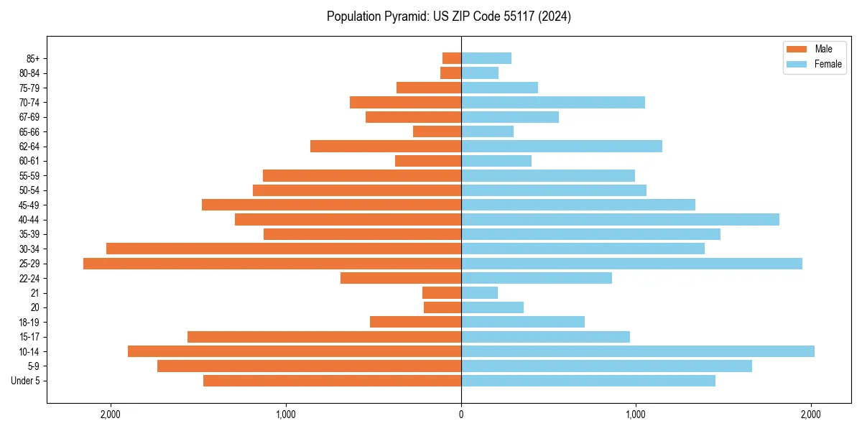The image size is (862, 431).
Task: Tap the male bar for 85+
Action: click(x=452, y=58)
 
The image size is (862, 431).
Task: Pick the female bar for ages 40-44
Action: click(x=620, y=219)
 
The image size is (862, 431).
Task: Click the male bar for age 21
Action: click(x=442, y=293)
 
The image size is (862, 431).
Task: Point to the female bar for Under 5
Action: click(x=588, y=381)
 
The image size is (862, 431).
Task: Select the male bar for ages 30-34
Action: click(x=283, y=249)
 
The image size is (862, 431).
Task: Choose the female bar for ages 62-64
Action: click(x=561, y=147)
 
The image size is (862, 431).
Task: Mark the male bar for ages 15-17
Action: click(x=324, y=337)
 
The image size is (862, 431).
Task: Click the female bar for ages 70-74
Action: click(x=552, y=103)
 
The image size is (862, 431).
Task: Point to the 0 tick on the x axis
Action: click(x=461, y=414)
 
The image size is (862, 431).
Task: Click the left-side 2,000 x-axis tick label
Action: click(x=111, y=414)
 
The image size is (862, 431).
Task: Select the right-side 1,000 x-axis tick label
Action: click(x=636, y=414)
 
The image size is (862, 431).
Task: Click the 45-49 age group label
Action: click(x=29, y=205)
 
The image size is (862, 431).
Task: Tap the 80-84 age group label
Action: click(x=29, y=73)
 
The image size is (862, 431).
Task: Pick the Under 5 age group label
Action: click(x=26, y=381)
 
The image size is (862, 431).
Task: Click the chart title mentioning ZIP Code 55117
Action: click(x=448, y=17)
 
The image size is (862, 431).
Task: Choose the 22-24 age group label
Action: click(x=29, y=278)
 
